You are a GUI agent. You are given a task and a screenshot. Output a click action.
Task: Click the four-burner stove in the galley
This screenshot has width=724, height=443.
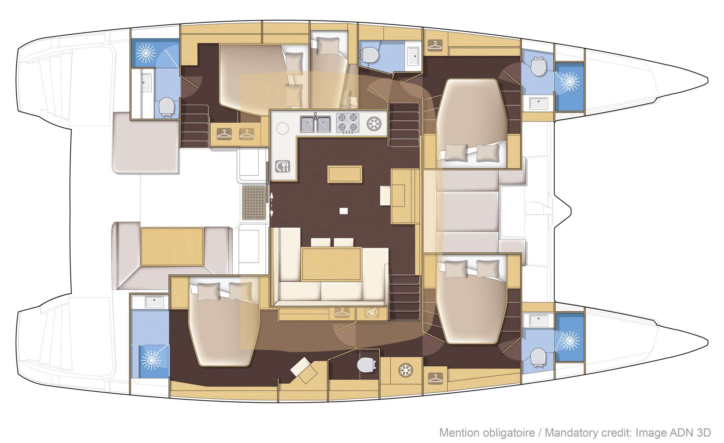click(347, 123)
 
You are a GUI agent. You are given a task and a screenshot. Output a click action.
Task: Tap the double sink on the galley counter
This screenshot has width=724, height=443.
click(316, 124)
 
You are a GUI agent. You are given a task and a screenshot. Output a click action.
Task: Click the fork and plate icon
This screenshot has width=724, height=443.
click(282, 166)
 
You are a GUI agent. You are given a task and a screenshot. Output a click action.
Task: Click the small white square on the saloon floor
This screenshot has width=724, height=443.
click(343, 211)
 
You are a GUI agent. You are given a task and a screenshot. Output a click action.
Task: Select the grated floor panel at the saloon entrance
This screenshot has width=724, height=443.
click(254, 203)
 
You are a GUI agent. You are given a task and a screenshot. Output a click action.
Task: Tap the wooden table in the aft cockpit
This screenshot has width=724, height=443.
click(172, 247)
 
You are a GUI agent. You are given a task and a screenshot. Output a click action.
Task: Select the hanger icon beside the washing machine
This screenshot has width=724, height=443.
click(342, 313)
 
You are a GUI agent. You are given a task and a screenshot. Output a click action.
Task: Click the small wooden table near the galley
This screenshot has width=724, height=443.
click(345, 174)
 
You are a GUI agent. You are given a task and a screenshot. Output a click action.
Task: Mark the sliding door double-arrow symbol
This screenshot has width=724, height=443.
click(271, 204)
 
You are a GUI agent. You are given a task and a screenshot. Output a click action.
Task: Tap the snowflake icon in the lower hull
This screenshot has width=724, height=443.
click(406, 370)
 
